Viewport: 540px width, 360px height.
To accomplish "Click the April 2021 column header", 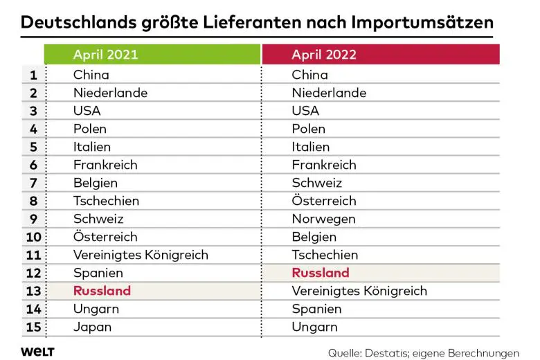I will (105, 55).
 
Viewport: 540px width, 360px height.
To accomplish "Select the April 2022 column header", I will (324, 55).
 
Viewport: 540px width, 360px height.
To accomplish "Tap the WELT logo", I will (37, 351).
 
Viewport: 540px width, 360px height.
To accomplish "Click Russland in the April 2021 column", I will (102, 291).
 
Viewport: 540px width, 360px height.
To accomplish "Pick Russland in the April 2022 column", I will (321, 273).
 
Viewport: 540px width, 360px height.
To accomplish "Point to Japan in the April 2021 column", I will (92, 327).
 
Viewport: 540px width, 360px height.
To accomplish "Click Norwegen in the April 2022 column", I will (323, 219).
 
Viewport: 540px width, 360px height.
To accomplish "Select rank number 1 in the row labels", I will (33, 75).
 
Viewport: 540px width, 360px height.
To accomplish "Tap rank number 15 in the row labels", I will (33, 327).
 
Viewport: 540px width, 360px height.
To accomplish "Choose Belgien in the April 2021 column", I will (96, 183).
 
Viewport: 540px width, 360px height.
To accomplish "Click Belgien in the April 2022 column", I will (314, 237).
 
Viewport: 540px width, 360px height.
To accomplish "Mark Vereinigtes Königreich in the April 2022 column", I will (359, 291).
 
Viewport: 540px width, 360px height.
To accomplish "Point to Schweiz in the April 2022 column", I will (317, 183).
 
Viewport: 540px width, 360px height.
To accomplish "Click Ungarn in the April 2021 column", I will (96, 309).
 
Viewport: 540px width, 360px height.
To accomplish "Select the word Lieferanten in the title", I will (235, 21).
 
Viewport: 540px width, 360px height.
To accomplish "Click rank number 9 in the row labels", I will (33, 219).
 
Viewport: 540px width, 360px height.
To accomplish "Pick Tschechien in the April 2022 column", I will (325, 255).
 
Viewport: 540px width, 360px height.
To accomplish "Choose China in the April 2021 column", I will (91, 75).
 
